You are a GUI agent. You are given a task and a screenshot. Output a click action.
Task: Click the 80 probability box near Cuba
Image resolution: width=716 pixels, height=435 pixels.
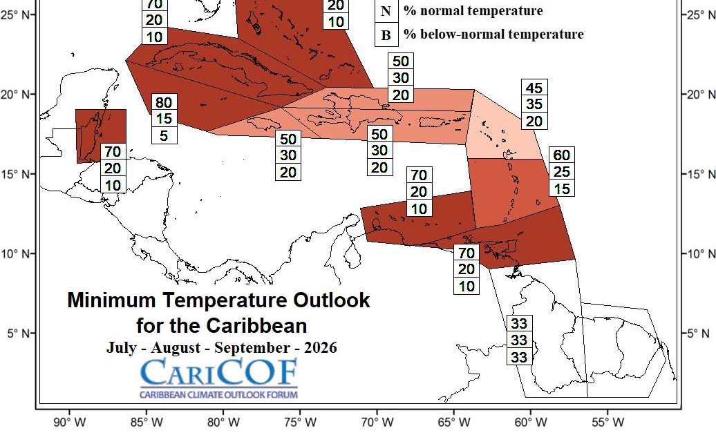pyautogui.click(x=164, y=102)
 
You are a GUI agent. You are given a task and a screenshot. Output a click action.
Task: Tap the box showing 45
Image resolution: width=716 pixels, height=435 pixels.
pyautogui.click(x=534, y=88)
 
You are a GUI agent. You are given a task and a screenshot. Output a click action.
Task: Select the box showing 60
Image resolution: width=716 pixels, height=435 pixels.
pyautogui.click(x=561, y=154)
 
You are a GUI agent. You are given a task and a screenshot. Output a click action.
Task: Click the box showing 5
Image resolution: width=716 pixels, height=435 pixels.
pyautogui.click(x=164, y=135)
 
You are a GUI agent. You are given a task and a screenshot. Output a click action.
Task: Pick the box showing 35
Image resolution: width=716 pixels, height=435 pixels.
pyautogui.click(x=534, y=104)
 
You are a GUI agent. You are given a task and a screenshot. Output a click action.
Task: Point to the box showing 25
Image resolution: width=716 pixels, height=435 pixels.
pyautogui.click(x=561, y=171)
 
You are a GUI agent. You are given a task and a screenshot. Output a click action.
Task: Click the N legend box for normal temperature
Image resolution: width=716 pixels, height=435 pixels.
pyautogui.click(x=386, y=11)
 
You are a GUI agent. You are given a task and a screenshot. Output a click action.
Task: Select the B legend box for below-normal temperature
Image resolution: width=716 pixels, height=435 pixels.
pyautogui.click(x=386, y=35)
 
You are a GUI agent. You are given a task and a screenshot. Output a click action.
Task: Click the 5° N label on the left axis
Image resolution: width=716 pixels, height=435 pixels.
pyautogui.click(x=18, y=333)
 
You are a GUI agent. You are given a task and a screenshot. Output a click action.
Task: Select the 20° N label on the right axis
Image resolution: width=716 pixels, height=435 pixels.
pyautogui.click(x=699, y=95)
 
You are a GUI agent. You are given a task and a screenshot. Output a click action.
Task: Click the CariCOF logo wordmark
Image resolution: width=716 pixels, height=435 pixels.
pyautogui.click(x=219, y=373)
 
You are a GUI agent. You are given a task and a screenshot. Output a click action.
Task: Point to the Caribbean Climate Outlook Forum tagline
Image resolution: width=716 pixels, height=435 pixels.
pyautogui.click(x=219, y=394)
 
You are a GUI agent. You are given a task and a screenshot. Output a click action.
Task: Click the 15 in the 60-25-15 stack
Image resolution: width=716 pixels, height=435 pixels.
pyautogui.click(x=561, y=187)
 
